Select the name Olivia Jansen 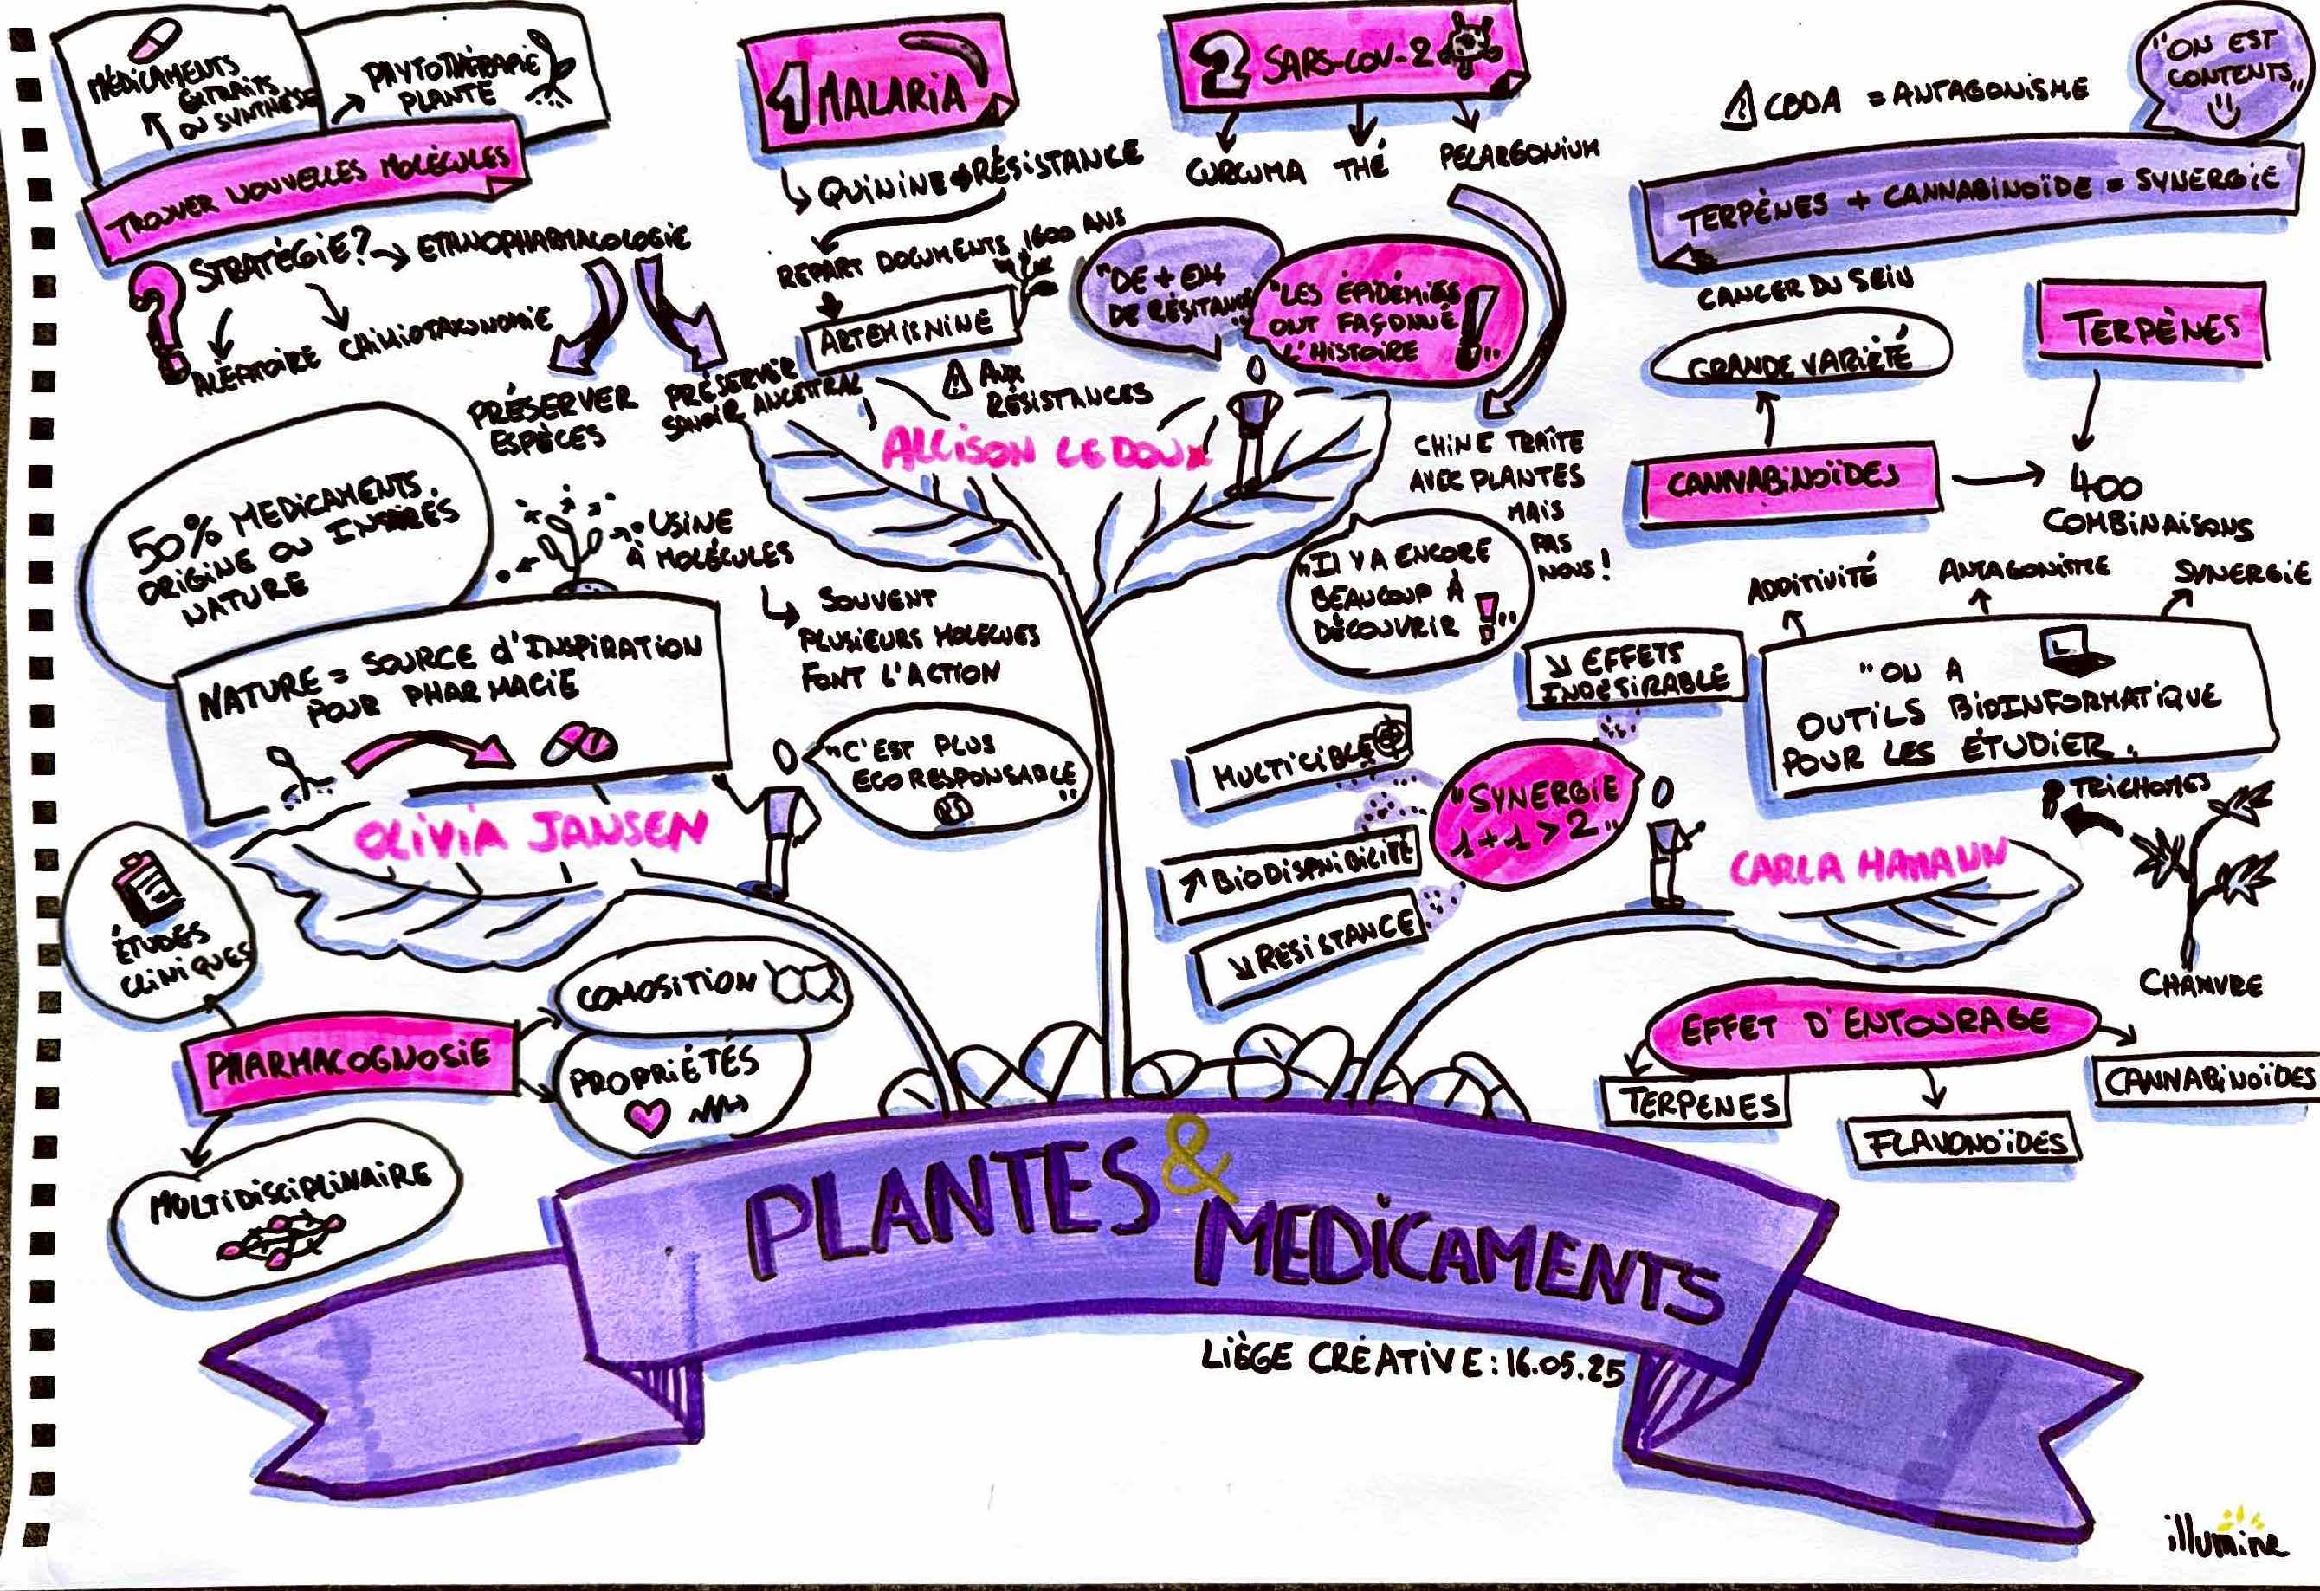[x=529, y=834]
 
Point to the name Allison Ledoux [x=1044, y=451]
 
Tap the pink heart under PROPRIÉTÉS [x=648, y=1116]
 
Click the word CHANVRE [x=2200, y=983]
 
